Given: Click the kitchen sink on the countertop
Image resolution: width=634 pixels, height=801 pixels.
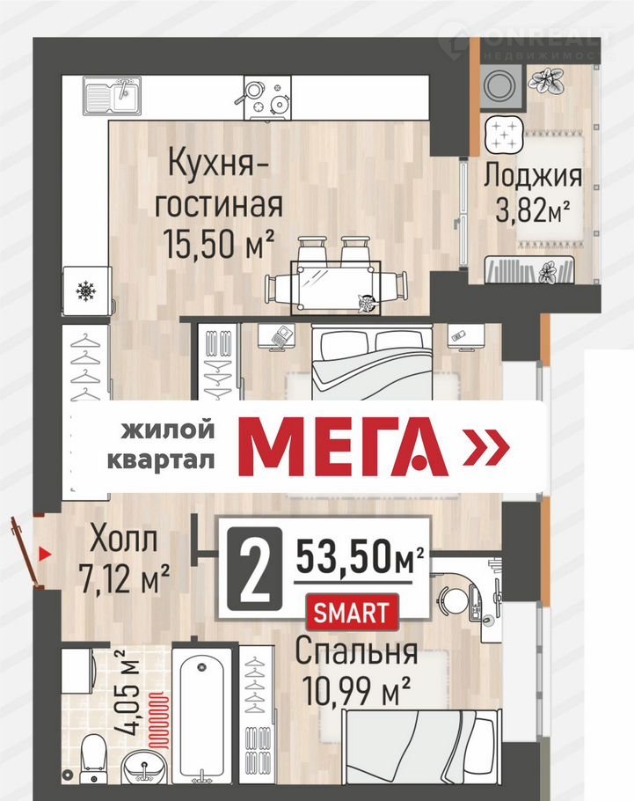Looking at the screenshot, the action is [112, 96].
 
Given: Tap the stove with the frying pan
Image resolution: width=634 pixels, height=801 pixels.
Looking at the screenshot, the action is [267, 97].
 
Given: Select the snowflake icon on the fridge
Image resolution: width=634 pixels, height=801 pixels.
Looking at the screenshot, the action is [86, 291].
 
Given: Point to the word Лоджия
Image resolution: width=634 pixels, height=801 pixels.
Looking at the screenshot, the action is [532, 175].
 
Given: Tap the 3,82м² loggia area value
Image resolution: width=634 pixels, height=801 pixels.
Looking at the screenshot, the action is [533, 210].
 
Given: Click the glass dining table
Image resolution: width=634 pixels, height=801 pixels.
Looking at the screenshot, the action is [335, 287].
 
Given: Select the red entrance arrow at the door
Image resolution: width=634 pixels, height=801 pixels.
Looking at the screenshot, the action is [46, 553].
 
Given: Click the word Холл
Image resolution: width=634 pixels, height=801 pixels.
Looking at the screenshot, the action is [123, 540].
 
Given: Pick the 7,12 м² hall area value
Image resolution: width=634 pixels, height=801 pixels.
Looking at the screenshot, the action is [125, 578].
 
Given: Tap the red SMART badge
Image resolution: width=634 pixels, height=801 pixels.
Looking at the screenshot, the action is [351, 613].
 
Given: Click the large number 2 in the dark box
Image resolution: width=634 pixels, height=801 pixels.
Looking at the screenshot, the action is [254, 568].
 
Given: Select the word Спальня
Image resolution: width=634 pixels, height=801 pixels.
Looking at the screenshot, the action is [356, 652].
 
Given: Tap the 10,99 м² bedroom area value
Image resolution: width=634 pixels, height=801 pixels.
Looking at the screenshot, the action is [356, 689].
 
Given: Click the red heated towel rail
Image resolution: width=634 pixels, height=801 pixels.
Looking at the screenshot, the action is [158, 720].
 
